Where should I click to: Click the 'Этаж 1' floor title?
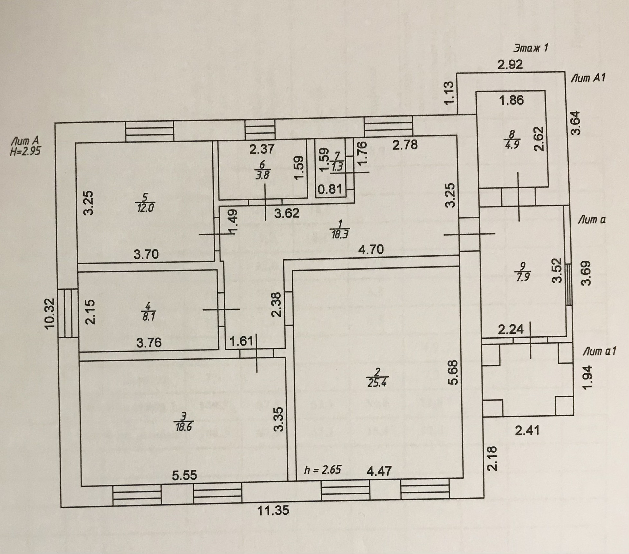(530, 48)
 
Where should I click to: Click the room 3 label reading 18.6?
(183, 422)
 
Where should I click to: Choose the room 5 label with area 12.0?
(145, 203)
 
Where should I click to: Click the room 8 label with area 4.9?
(512, 139)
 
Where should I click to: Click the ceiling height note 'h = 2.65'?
(323, 470)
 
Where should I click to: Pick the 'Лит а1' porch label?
(600, 352)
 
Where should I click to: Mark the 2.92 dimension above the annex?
(510, 65)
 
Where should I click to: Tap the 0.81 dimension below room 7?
(330, 189)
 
